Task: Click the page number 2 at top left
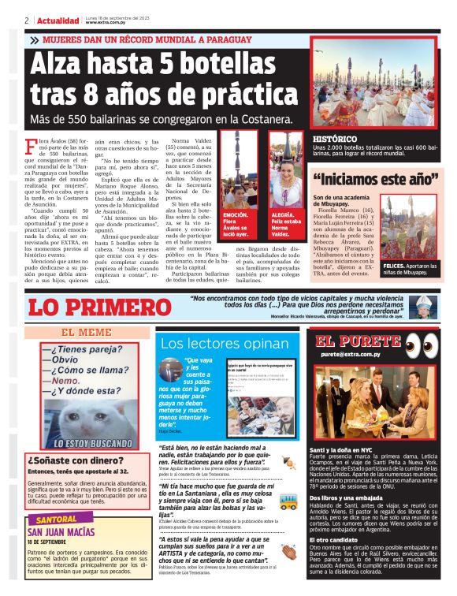27,20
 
